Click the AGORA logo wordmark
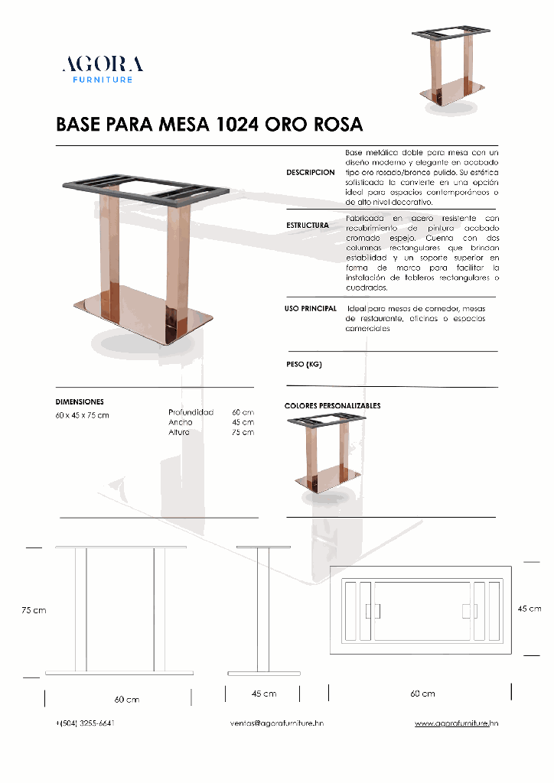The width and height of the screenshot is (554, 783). coord(102,63)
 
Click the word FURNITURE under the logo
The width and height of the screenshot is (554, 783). coord(103,80)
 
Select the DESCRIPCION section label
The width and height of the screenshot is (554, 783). coord(310,173)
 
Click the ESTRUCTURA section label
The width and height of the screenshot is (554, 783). coord(308,226)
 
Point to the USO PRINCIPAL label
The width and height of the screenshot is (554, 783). coord(311,308)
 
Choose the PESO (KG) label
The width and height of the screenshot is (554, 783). coord(304,365)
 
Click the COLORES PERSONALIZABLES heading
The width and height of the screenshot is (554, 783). coord(332,405)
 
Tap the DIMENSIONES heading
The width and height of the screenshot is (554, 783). coord(80,401)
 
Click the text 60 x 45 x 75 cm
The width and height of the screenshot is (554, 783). coord(82,415)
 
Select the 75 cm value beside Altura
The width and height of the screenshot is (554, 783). coord(243,433)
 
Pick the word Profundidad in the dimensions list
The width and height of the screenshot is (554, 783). coord(191,412)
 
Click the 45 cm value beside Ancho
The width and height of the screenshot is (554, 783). coord(243,422)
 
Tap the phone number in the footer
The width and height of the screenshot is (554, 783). coord(85,723)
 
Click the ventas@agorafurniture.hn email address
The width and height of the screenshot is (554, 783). coord(276,723)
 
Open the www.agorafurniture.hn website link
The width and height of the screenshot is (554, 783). coord(457,723)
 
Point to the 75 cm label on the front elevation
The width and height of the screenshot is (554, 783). coord(34,610)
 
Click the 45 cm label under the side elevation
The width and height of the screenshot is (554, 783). coord(264,694)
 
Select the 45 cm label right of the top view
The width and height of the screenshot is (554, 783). coord(530,609)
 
